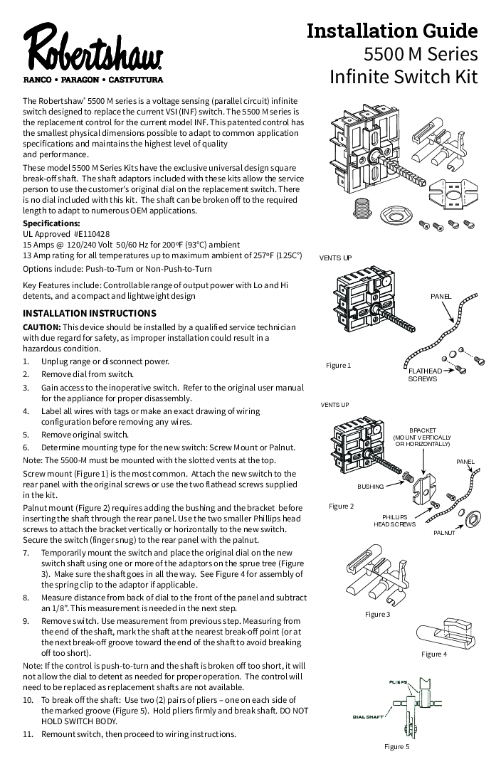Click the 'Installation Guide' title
click(x=392, y=31)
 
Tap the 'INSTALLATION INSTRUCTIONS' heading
click(x=90, y=313)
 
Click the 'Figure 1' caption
click(x=339, y=365)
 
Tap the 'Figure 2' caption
click(x=341, y=506)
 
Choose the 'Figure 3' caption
click(x=377, y=614)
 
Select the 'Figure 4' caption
click(x=434, y=654)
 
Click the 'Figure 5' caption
click(x=397, y=746)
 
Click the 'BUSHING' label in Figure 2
click(x=370, y=487)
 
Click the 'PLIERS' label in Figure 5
click(x=399, y=682)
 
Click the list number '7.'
click(x=26, y=552)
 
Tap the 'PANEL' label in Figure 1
click(x=441, y=295)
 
